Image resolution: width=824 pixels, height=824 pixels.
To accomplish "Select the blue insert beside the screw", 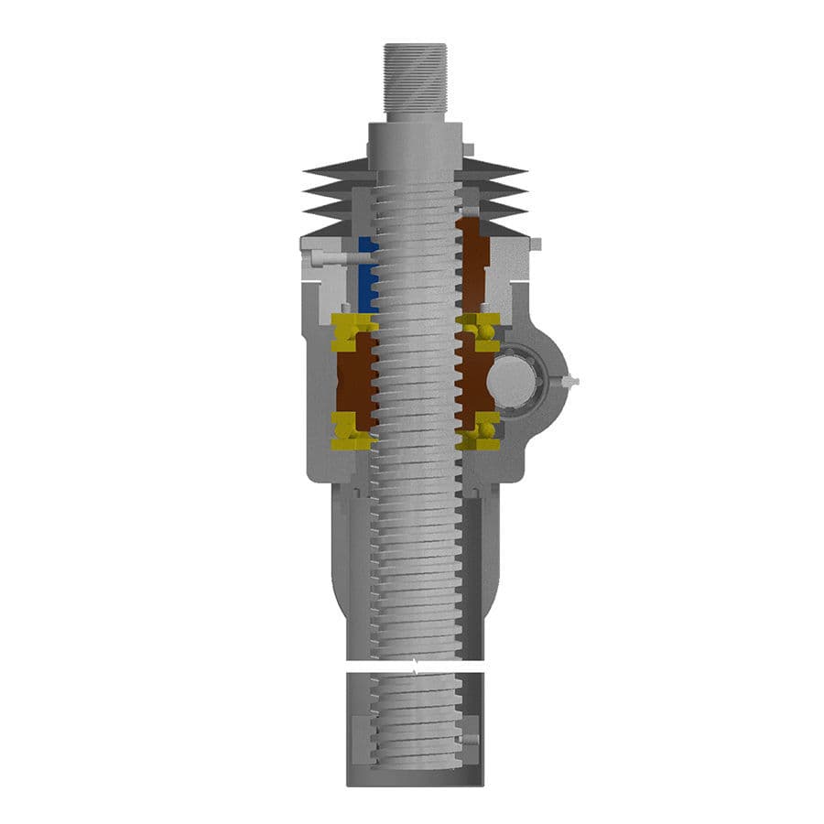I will [x=366, y=275].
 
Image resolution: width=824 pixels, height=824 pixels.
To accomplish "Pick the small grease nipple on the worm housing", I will [x=571, y=380].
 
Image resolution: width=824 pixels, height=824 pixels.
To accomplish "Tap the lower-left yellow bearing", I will [x=351, y=431].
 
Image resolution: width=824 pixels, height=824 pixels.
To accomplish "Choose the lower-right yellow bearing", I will [x=482, y=431].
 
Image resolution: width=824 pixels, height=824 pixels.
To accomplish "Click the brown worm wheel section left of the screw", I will [x=354, y=381].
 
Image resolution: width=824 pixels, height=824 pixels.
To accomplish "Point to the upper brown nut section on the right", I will [x=474, y=266].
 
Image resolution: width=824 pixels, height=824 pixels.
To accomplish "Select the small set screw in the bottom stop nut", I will [x=471, y=738].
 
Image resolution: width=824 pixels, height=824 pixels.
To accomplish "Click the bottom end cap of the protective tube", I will [x=415, y=777].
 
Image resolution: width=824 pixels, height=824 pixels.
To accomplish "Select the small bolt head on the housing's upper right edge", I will [x=536, y=244].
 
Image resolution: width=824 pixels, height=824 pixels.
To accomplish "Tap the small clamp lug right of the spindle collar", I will [x=468, y=148].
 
